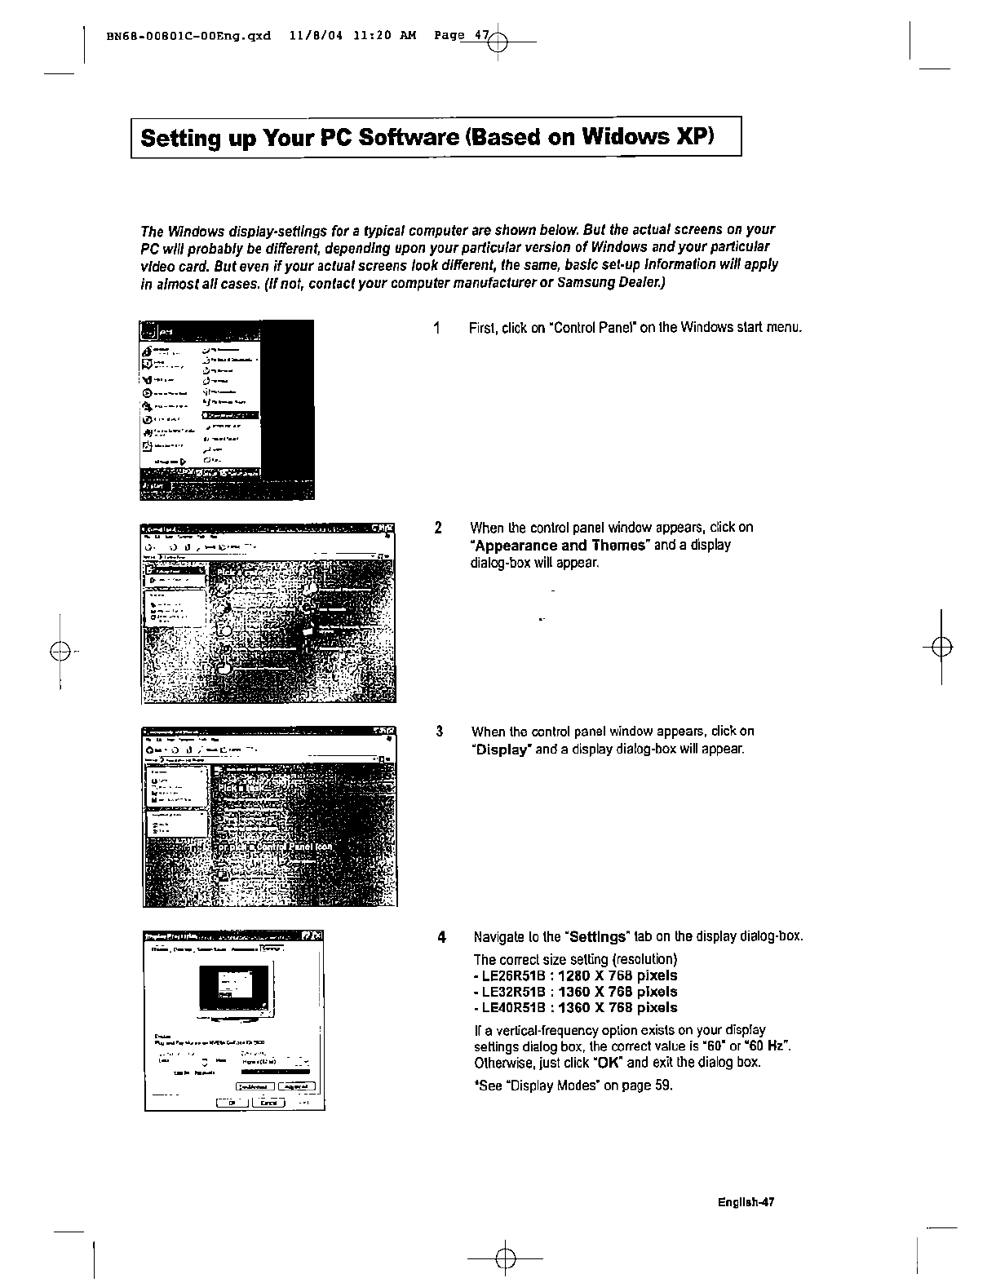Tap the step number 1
point(438,328)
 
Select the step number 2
point(438,528)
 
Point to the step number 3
point(439,731)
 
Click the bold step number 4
point(441,936)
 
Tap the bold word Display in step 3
point(501,750)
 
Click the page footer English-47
point(745,1202)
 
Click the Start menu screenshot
point(227,409)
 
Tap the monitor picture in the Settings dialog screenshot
point(234,988)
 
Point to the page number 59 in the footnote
point(662,1086)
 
